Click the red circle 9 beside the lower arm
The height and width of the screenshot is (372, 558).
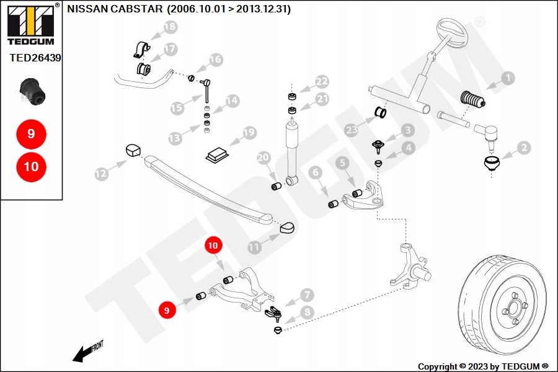coord(167,310)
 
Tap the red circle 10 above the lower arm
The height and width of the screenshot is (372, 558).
coord(213,246)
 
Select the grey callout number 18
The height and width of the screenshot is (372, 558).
coord(170,27)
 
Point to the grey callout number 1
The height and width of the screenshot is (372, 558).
coord(508,78)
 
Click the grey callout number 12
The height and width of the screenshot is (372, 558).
coord(102,174)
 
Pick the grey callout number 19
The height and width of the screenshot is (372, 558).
coord(250,133)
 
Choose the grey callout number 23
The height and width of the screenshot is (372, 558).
coord(352,130)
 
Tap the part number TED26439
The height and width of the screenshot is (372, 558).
coord(35,58)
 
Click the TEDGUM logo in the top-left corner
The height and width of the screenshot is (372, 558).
coord(31,24)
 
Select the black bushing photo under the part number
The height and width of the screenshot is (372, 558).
coord(33,92)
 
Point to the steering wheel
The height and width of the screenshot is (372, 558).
coord(452,35)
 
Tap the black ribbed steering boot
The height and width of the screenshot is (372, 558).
coord(472,100)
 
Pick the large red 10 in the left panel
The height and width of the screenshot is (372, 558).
coord(31,167)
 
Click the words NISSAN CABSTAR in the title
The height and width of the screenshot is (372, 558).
coord(115,9)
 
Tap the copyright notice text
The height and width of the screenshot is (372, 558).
coord(483,366)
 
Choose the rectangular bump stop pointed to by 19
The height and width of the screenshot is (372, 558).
coord(217,155)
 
